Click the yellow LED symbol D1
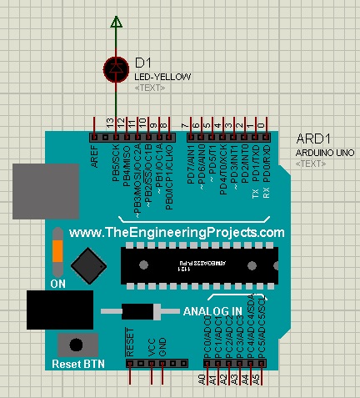pyautogui.click(x=117, y=68)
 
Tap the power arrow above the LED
pyautogui.click(x=117, y=22)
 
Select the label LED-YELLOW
pyautogui.click(x=163, y=77)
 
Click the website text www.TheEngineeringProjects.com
pyautogui.click(x=177, y=233)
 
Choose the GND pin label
pyautogui.click(x=162, y=346)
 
